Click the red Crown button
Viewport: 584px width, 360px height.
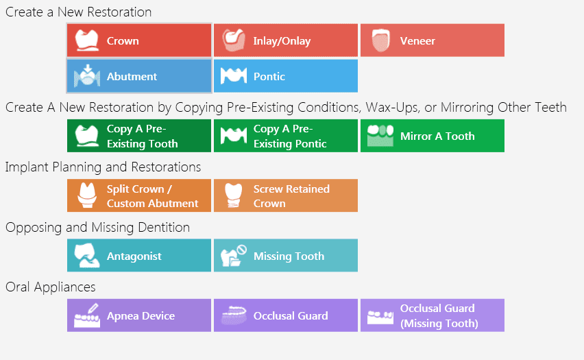[139, 40]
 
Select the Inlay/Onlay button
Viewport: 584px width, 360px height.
[286, 40]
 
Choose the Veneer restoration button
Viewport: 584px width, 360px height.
[433, 40]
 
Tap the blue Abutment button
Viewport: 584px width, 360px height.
[139, 76]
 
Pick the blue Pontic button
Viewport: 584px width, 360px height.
[286, 76]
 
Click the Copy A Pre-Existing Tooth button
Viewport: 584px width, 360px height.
[139, 136]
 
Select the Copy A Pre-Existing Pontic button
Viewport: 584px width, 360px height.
[286, 136]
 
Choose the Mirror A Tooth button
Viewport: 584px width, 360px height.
[433, 136]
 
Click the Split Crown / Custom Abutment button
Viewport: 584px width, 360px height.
[139, 195]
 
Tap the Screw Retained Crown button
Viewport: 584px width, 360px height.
[286, 195]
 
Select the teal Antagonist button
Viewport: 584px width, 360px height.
[139, 255]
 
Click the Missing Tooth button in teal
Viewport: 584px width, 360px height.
[286, 255]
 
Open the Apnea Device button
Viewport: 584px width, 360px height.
[139, 315]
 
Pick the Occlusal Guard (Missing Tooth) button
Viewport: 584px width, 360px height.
[433, 315]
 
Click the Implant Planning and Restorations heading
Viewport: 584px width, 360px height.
[104, 167]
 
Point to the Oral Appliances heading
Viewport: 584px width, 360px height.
[51, 287]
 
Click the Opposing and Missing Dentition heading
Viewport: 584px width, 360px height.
[97, 228]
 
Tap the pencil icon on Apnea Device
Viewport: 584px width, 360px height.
[93, 309]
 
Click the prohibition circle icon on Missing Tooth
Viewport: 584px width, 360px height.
[242, 250]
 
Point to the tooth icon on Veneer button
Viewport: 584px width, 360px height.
[380, 40]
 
